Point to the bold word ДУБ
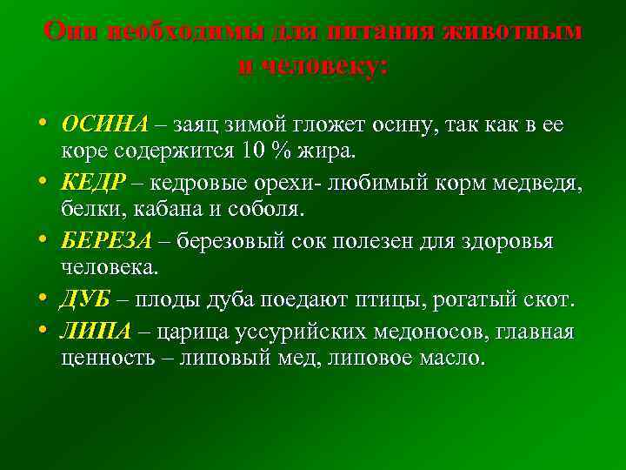click(85, 300)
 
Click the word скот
click(547, 300)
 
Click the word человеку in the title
click(312, 67)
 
